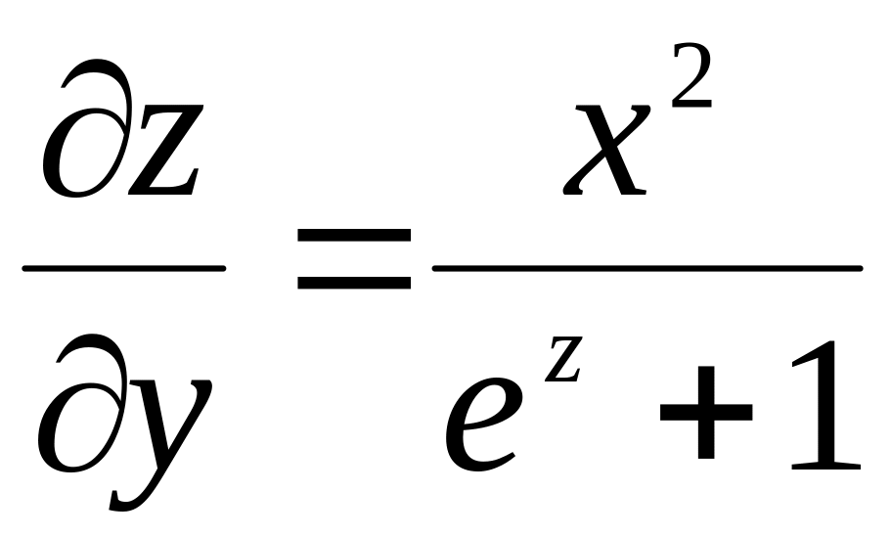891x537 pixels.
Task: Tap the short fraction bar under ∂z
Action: (x=124, y=267)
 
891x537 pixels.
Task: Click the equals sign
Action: (x=354, y=260)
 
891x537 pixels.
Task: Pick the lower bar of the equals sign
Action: (x=354, y=283)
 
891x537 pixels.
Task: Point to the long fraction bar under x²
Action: (x=646, y=268)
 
